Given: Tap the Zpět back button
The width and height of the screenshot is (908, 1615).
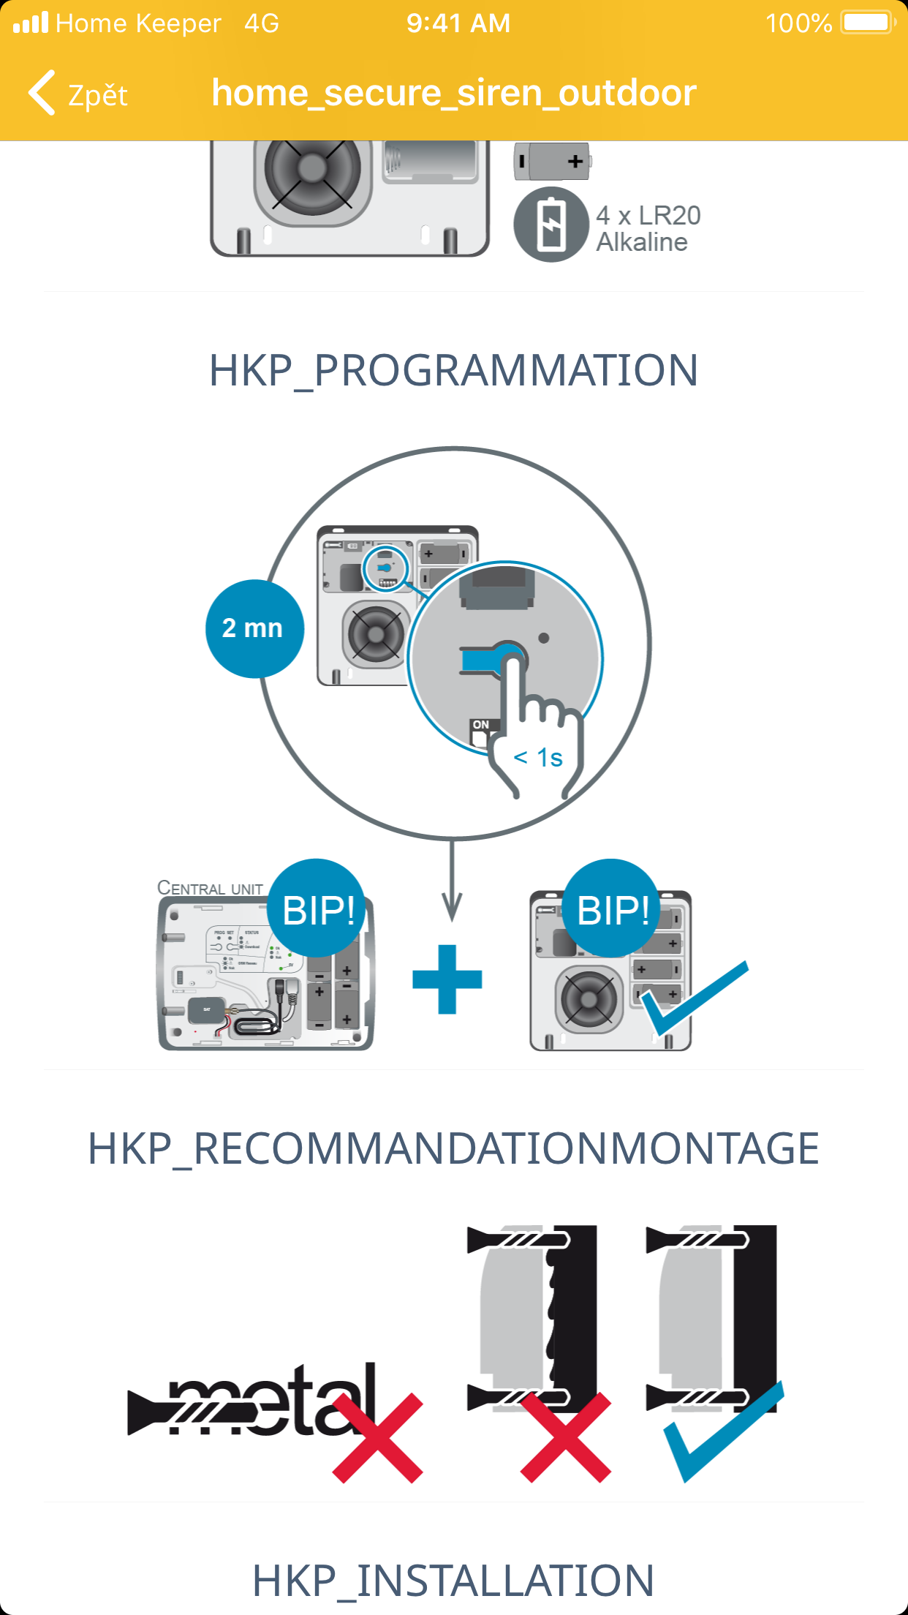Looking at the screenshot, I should [79, 94].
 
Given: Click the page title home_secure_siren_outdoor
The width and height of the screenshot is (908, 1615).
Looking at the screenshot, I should [453, 94].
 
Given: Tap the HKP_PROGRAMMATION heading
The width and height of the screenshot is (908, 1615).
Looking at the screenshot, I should [453, 370].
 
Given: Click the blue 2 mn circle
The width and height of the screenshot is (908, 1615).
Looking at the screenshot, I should [254, 628].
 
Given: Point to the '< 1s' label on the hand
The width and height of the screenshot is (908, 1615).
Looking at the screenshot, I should [538, 758].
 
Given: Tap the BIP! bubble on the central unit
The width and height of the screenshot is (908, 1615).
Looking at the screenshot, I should [317, 909].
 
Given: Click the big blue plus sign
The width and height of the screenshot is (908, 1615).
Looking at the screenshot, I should [447, 979].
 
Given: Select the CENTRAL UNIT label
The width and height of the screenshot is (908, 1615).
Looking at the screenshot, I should [211, 888].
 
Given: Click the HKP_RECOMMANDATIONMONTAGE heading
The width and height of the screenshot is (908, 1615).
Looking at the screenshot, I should [453, 1148].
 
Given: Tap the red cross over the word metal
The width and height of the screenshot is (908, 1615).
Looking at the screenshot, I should [378, 1437].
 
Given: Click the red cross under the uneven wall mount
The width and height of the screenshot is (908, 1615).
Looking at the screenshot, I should [566, 1437].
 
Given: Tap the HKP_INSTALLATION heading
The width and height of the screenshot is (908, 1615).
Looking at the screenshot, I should [453, 1580].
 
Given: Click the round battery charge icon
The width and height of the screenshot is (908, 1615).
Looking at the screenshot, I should [551, 225].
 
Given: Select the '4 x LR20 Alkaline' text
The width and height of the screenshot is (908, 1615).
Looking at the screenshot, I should [648, 228].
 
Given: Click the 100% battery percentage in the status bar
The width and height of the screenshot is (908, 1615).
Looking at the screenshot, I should [798, 23].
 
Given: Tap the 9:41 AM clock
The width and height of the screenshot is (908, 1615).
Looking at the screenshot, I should [458, 23].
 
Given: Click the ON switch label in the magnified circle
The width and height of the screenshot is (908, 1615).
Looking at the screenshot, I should [480, 725].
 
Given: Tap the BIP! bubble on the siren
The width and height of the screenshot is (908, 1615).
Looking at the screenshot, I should [613, 909].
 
